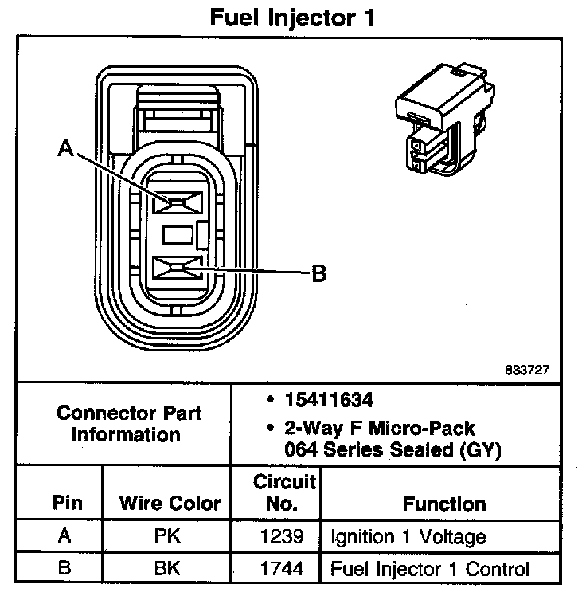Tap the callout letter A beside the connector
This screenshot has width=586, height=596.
click(66, 148)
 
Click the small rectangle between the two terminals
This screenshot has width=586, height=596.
click(178, 235)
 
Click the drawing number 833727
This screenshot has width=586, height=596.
click(526, 371)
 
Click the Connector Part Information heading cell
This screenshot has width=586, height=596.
click(129, 424)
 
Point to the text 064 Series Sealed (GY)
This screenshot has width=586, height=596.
click(393, 449)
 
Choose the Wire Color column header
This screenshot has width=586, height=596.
click(170, 504)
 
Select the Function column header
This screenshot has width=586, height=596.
click(443, 504)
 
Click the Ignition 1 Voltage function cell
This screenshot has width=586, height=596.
click(408, 536)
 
